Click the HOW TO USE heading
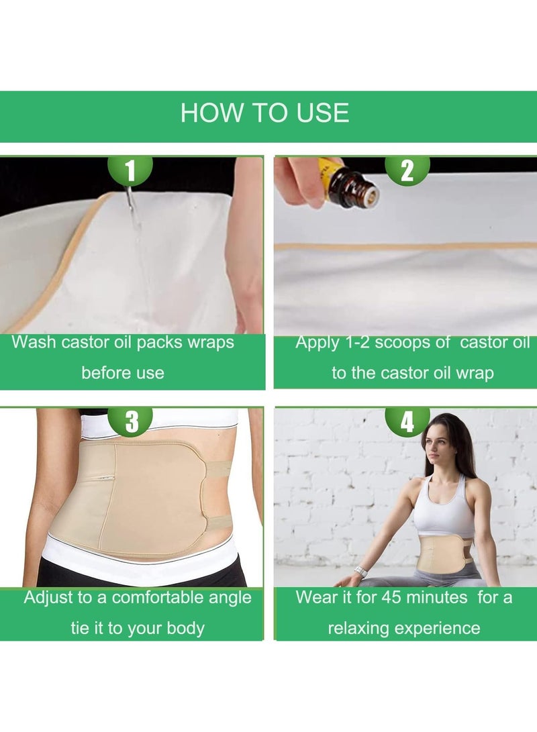[264, 113]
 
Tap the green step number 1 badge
[130, 170]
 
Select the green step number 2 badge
[407, 170]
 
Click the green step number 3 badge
[132, 421]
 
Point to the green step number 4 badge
[407, 421]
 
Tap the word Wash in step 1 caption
[34, 342]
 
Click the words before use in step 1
[122, 372]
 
